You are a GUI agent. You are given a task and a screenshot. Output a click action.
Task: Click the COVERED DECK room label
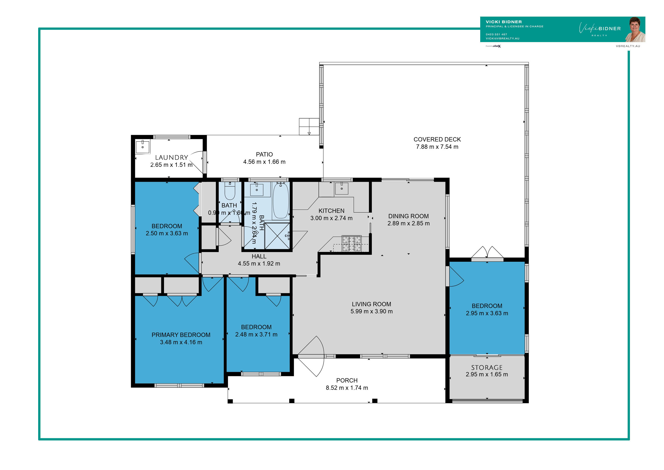click(x=437, y=139)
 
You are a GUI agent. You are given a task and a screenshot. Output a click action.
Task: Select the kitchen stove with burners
click(x=351, y=243)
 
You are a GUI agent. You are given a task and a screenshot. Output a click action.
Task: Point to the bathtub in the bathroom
click(x=281, y=201)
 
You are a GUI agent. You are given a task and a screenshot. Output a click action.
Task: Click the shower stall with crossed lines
click(x=277, y=236)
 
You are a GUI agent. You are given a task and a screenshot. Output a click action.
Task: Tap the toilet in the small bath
click(x=230, y=191)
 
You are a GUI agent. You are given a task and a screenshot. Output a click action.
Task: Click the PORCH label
click(x=347, y=380)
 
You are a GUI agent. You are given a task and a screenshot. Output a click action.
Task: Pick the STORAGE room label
click(x=487, y=367)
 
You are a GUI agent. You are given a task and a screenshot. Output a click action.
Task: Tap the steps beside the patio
click(x=309, y=127)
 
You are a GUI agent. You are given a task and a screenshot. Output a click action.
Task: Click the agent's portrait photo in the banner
click(x=635, y=30)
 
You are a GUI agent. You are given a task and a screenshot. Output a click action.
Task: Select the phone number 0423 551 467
click(x=496, y=34)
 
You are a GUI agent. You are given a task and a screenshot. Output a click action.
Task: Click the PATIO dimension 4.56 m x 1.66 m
click(x=264, y=162)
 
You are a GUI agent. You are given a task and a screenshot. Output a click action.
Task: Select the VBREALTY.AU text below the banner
click(x=628, y=46)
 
